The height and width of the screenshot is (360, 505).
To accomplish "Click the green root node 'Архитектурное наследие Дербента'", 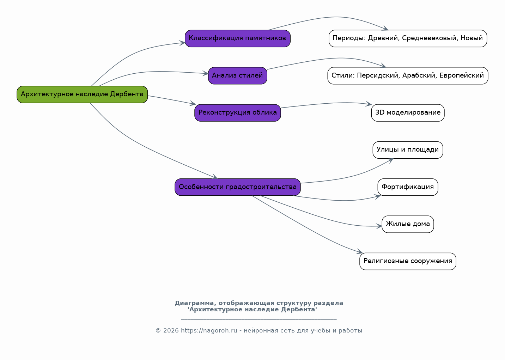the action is (82, 94).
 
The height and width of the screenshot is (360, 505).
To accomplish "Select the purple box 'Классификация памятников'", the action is (238, 38).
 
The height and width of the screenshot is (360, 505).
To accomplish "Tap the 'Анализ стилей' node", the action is (238, 76).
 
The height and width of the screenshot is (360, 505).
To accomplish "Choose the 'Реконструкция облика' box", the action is (238, 113).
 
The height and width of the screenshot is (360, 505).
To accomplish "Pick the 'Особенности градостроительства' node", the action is (238, 187).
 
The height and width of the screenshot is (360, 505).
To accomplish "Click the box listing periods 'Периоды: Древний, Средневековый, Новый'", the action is (408, 38).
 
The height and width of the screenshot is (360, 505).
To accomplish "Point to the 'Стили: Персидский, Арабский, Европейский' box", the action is (408, 76).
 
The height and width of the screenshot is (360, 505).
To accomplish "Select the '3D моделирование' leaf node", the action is (408, 113).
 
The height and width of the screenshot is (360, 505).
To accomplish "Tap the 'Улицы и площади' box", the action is (408, 150).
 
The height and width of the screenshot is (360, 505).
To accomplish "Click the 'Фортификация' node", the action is (408, 187).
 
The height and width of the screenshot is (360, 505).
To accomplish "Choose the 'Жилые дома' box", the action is (408, 224).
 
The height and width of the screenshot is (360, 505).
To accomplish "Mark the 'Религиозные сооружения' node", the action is (408, 261).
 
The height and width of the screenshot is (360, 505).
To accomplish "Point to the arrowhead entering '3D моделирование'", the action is (369, 104).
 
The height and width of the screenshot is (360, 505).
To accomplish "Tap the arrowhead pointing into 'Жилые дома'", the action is (379, 226).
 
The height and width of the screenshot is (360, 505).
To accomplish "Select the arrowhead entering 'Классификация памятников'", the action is (182, 43).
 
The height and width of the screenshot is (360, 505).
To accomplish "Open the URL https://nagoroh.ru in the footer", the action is (209, 330).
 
